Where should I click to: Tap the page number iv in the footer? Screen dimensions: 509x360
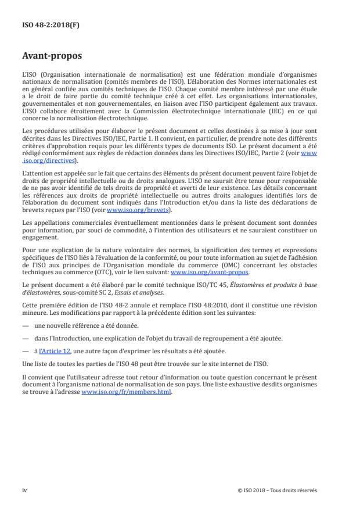(25, 490)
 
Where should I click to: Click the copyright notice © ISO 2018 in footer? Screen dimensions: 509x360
(278, 490)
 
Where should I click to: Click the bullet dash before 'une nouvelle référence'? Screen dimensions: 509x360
(26, 326)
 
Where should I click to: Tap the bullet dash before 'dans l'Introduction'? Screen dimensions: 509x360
(26, 339)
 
